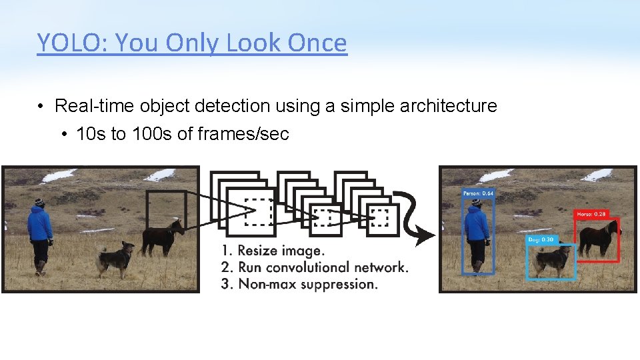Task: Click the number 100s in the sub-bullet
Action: (152, 134)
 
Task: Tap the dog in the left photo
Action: (115, 258)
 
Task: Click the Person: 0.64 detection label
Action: (479, 193)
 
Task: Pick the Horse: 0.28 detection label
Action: (591, 214)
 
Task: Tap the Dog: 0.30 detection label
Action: (540, 239)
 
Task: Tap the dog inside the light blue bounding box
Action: (551, 259)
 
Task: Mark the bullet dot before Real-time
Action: (41, 107)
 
